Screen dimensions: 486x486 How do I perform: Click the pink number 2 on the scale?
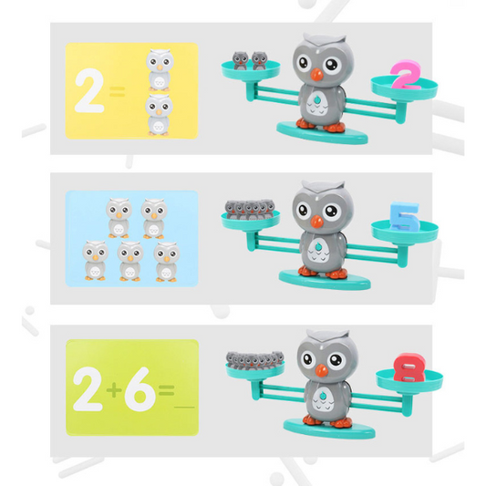406,75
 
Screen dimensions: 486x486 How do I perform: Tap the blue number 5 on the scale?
405,217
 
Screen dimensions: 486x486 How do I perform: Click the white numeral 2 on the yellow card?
89,90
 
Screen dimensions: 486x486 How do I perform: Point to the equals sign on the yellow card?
117,92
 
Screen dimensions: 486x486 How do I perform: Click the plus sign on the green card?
114,390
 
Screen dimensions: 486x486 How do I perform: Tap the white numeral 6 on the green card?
140,389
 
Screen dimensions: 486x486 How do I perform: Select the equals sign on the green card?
167,390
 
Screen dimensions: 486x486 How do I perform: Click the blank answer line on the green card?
185,407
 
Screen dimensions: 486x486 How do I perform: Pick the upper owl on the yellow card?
160,69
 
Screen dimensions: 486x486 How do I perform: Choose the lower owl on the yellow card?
159,115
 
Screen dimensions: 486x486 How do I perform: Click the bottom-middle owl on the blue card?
130,261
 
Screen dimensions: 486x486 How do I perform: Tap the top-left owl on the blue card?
119,218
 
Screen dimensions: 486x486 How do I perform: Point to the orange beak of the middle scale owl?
316,221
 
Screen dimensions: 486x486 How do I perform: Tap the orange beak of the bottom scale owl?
322,370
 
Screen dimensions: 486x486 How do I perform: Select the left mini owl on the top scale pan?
240,60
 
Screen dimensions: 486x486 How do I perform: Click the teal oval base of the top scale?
323,132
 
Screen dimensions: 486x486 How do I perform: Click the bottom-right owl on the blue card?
167,262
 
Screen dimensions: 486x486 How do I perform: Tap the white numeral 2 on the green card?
88,389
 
